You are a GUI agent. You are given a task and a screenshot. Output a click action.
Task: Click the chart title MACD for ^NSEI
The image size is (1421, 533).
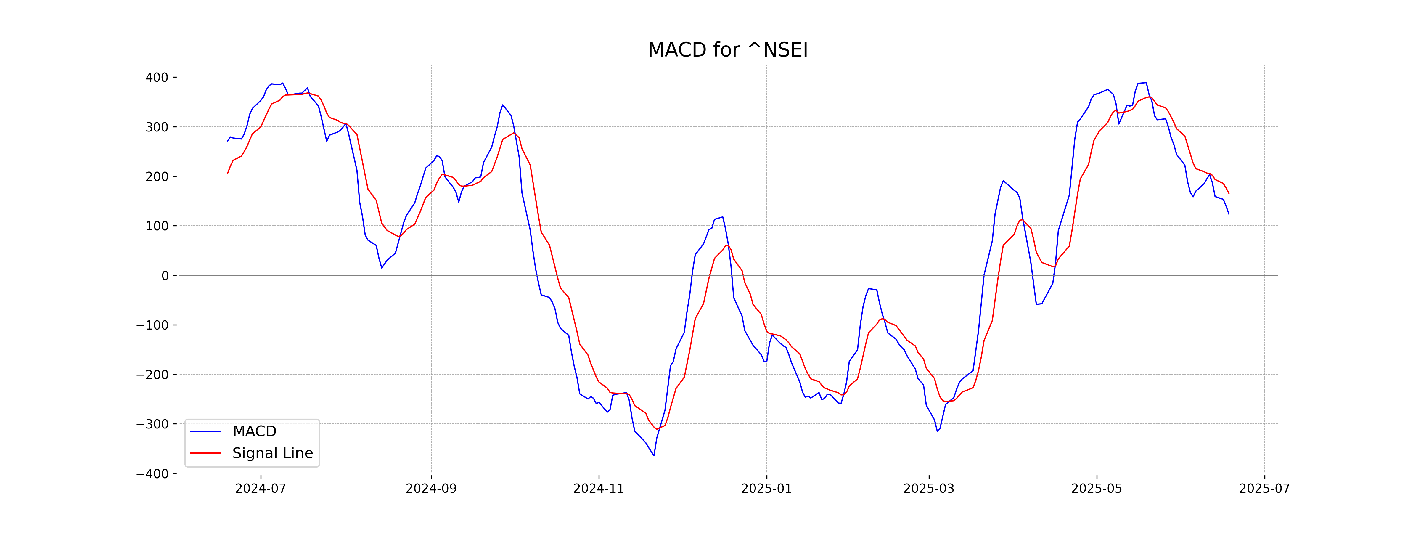tap(728, 50)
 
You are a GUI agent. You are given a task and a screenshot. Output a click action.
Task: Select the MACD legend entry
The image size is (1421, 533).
tap(254, 431)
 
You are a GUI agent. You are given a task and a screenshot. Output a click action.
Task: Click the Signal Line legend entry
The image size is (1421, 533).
tap(272, 453)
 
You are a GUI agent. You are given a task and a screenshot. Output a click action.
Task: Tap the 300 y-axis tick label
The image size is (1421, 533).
tap(157, 127)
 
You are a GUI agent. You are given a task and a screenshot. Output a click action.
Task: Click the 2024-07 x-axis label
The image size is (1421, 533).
tap(261, 489)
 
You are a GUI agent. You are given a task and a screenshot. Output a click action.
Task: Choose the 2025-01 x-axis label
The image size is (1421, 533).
tap(766, 489)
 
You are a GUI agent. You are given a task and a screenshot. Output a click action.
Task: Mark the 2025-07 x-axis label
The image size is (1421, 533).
tap(1264, 489)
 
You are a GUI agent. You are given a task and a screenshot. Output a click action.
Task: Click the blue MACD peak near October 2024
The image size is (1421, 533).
tap(503, 105)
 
